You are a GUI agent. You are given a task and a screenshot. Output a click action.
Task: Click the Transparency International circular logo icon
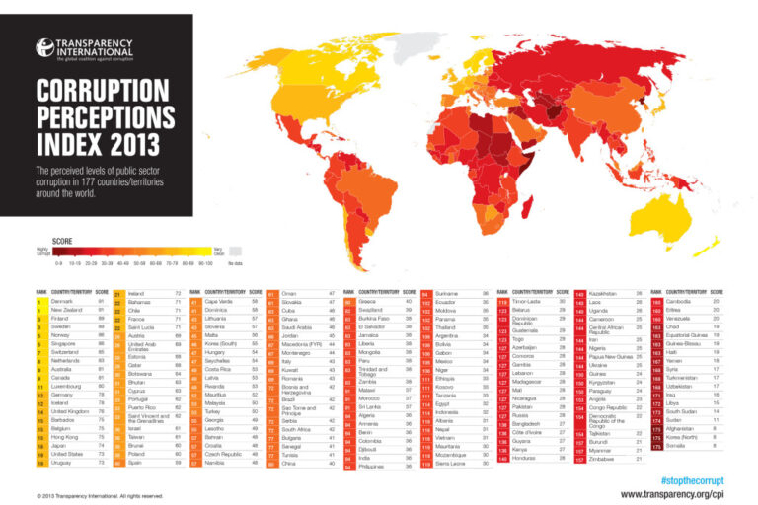(43, 47)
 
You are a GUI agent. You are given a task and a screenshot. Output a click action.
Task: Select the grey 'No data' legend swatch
(235, 252)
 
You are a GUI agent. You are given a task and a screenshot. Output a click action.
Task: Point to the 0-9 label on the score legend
(60, 264)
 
